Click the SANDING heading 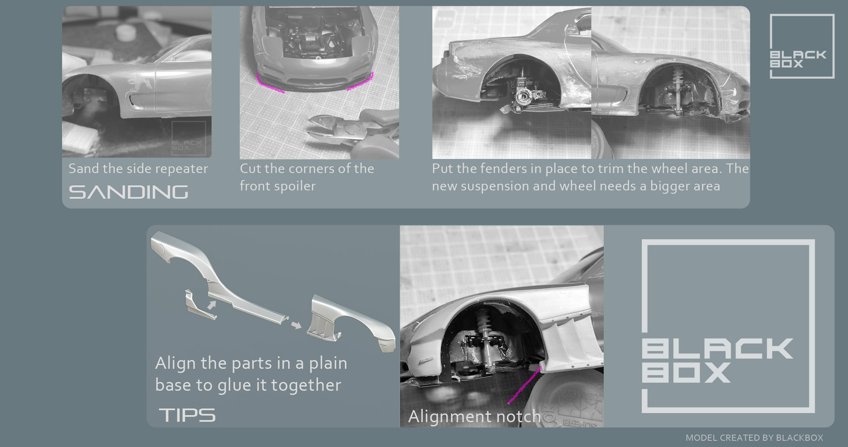128,192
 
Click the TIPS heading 187,415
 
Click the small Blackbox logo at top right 802,46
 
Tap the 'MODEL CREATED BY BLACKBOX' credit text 754,438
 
